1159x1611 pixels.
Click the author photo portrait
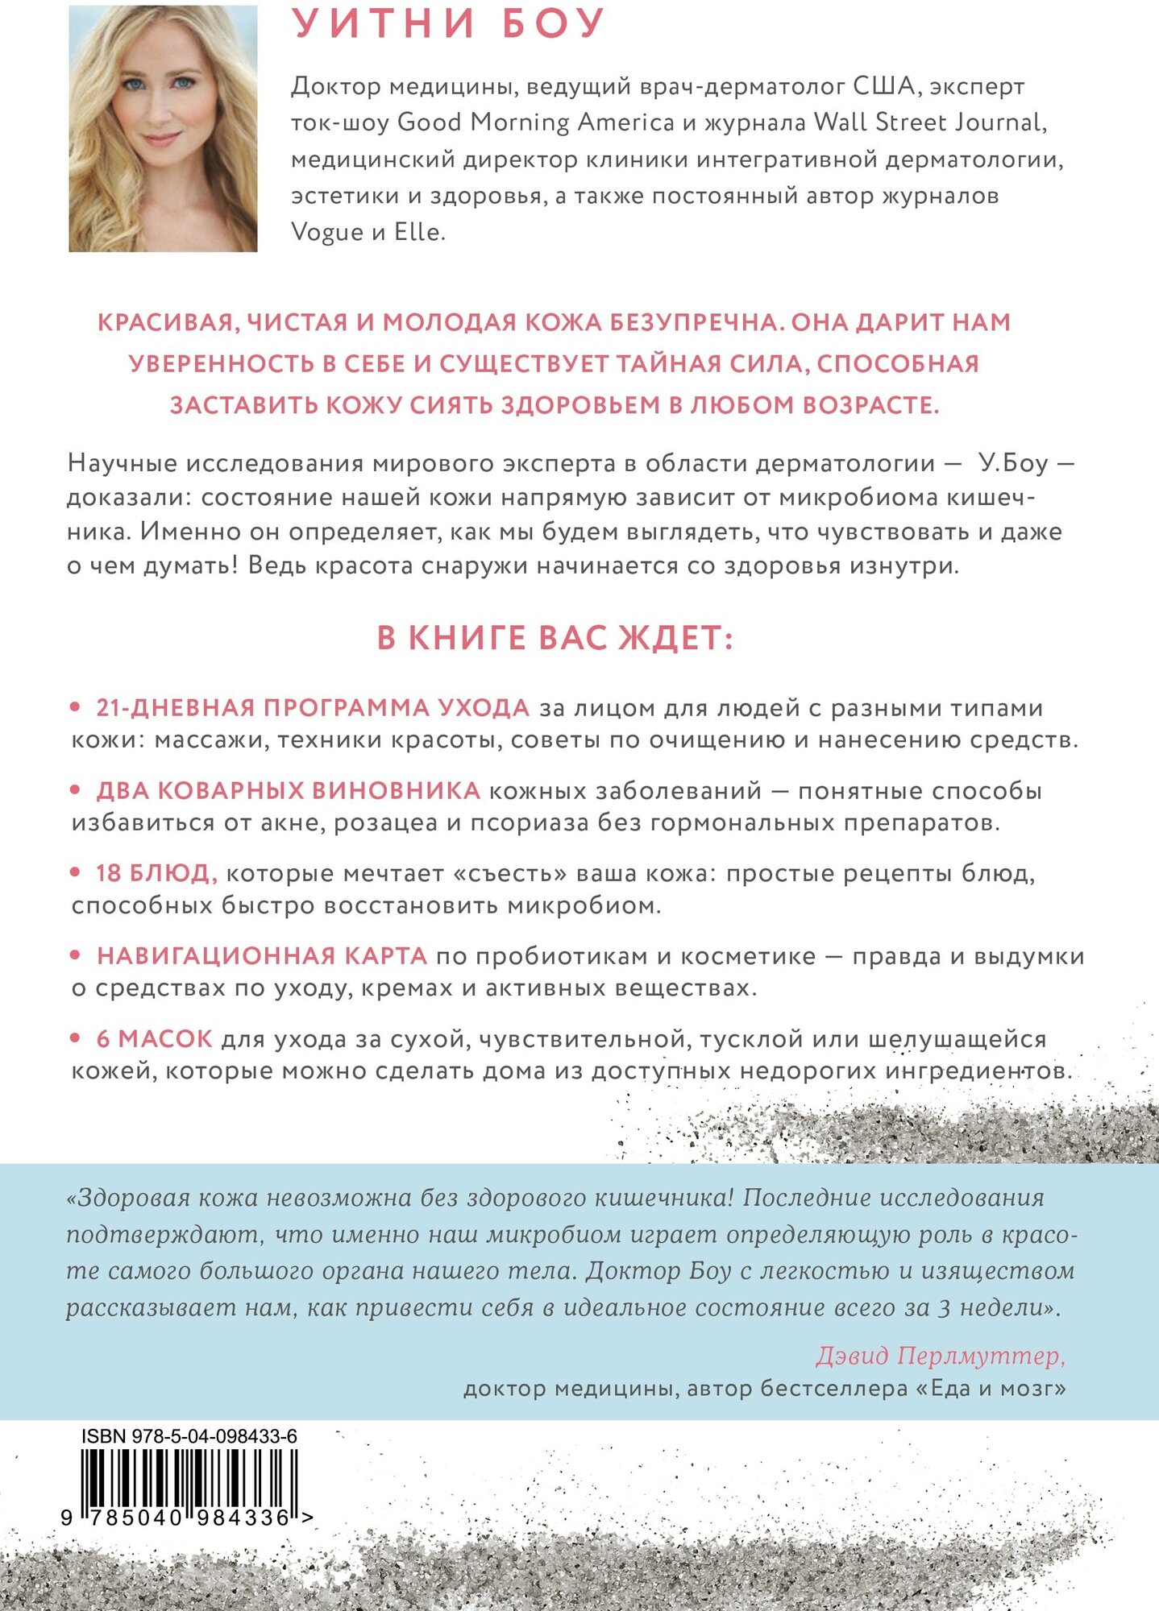[163, 129]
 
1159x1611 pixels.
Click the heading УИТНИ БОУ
[448, 24]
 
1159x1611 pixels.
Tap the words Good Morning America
[536, 122]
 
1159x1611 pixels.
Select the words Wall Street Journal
[928, 122]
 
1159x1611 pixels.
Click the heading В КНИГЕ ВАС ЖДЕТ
[555, 638]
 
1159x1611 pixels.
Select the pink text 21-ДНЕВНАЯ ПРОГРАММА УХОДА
[313, 707]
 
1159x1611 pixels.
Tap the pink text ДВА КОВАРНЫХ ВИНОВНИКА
[288, 790]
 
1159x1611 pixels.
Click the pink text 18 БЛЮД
[156, 873]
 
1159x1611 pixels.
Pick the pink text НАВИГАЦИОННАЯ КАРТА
[262, 956]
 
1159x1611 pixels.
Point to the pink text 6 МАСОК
[155, 1039]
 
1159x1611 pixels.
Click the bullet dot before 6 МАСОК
[76, 1039]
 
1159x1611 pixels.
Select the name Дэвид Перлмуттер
[940, 1356]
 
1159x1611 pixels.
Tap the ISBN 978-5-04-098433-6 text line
[189, 1436]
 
